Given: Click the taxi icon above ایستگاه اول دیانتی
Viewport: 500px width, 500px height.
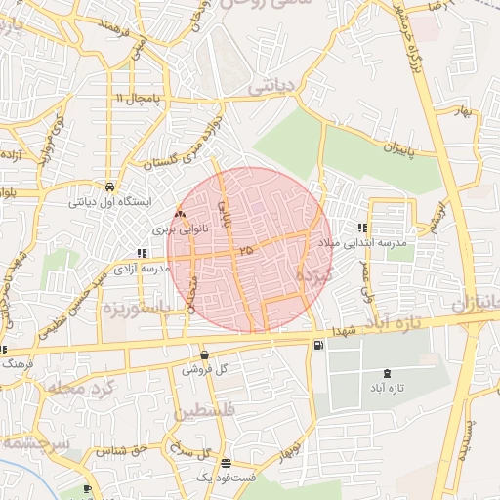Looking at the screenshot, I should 108,187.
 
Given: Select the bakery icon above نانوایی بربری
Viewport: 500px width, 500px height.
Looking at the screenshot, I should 178,215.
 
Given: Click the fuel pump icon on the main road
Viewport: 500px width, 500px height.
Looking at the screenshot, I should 318,345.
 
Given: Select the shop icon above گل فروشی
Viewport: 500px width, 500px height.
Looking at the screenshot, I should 204,355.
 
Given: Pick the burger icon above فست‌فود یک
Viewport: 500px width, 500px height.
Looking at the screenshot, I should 227,463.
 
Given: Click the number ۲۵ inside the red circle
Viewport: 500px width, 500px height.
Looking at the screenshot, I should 244,251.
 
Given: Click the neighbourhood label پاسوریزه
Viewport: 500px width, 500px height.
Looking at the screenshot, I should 136,307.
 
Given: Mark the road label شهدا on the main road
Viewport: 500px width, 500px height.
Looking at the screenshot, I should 345,331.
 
